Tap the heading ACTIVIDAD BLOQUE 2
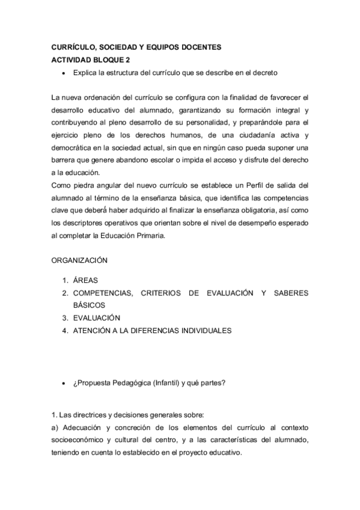click(x=90, y=60)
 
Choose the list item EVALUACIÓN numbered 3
click(x=97, y=318)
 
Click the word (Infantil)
click(x=172, y=383)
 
